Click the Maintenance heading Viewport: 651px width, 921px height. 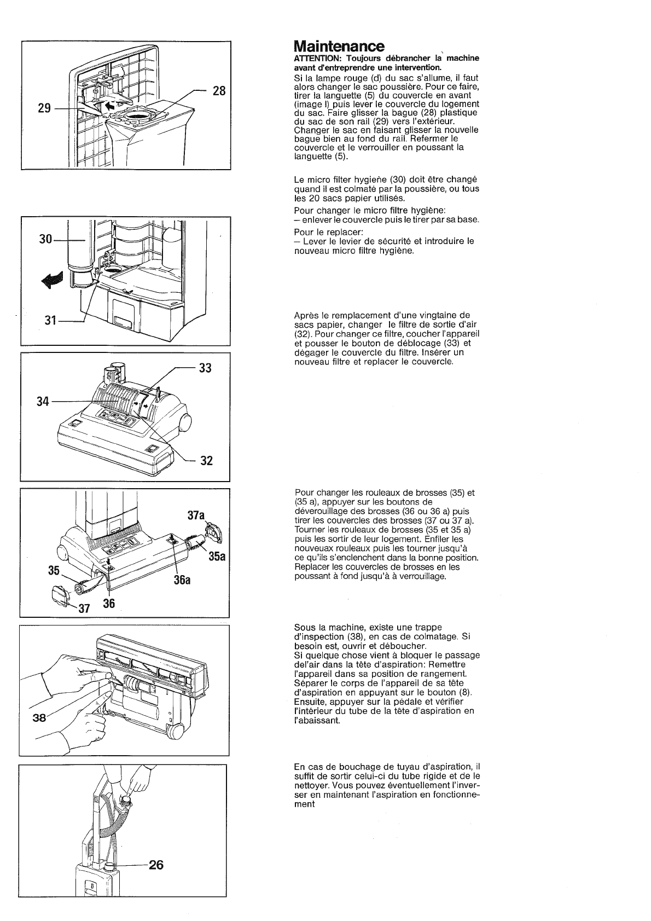tap(339, 45)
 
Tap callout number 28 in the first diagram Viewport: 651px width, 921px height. tap(219, 91)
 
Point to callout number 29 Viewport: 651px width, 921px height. tap(44, 108)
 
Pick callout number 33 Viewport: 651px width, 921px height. tap(205, 368)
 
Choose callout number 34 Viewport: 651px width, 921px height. tap(43, 402)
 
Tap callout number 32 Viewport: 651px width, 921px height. tap(206, 460)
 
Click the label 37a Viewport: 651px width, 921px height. tap(195, 515)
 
